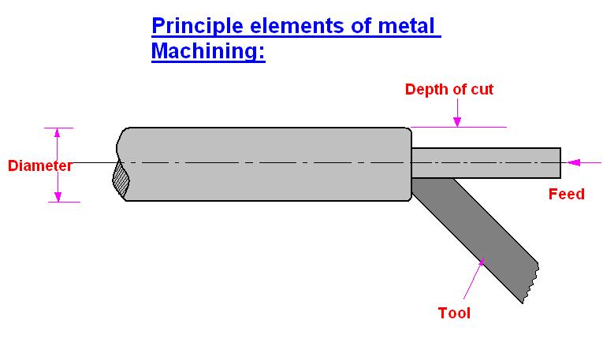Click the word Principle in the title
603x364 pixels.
coord(192,27)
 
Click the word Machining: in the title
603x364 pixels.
coord(208,53)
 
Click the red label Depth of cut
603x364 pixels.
coord(449,89)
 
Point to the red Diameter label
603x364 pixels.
coord(39,165)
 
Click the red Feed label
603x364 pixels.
coord(566,194)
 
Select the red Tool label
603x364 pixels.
coord(454,313)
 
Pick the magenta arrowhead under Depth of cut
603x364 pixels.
coord(456,122)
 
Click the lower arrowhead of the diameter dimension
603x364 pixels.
coord(58,197)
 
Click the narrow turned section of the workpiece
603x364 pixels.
coord(485,162)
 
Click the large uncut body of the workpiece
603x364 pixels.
coord(264,164)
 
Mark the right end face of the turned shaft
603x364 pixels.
coord(560,162)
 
